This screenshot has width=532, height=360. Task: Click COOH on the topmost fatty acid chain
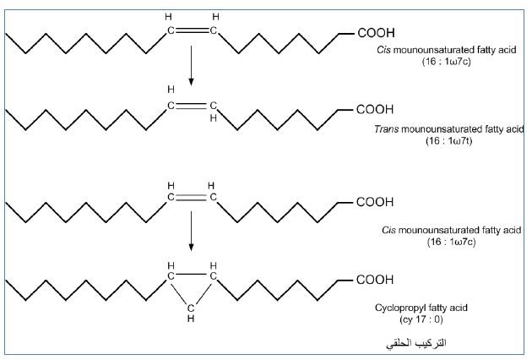pyautogui.click(x=377, y=35)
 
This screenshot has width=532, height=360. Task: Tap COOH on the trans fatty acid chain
pyautogui.click(x=377, y=110)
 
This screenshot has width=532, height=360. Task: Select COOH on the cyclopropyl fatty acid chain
pyautogui.click(x=377, y=279)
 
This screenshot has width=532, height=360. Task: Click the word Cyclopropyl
pyautogui.click(x=400, y=308)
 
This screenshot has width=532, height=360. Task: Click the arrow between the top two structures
pyautogui.click(x=192, y=67)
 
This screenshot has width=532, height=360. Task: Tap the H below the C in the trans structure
pyautogui.click(x=214, y=119)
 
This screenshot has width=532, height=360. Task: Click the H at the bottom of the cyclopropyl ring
pyautogui.click(x=192, y=319)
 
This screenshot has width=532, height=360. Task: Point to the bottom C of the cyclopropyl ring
pyautogui.click(x=192, y=307)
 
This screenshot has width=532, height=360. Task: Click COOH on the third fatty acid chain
pyautogui.click(x=377, y=203)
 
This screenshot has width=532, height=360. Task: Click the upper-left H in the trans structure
pyautogui.click(x=171, y=90)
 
